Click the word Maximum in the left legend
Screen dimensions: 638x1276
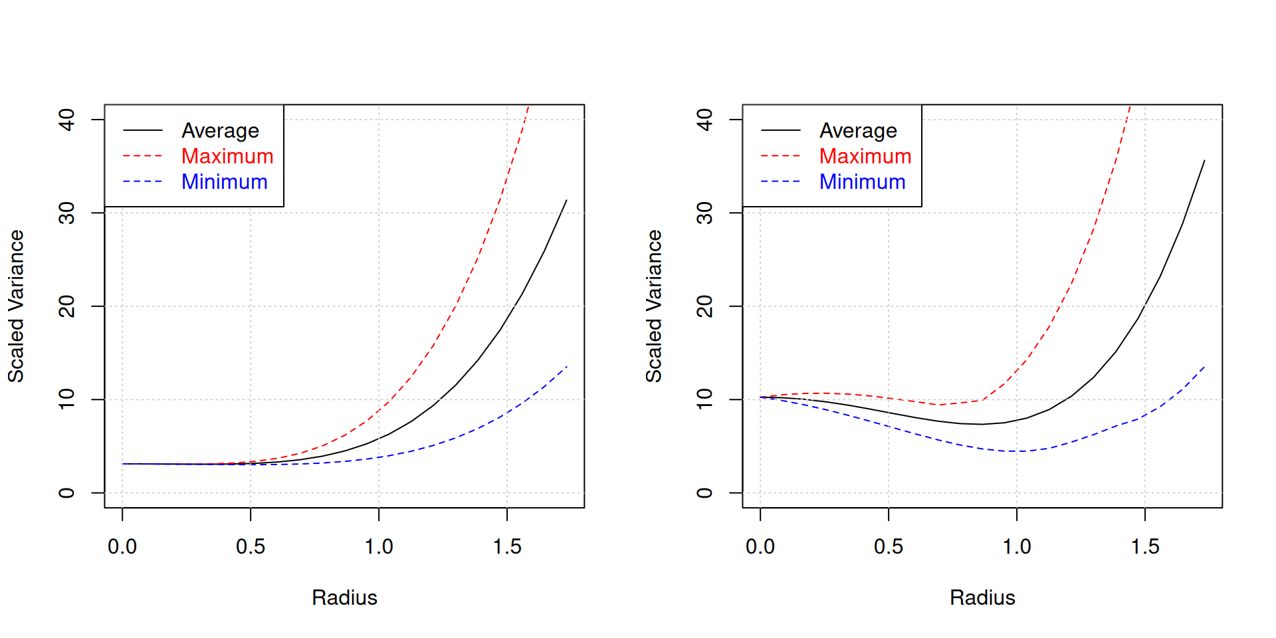pos(227,156)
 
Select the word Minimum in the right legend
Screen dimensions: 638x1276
pos(862,182)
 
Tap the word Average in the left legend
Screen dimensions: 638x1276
pos(220,131)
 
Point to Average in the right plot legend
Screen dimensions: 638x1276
pos(858,131)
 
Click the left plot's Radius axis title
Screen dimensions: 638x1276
pos(344,597)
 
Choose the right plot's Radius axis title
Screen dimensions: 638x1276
pos(982,597)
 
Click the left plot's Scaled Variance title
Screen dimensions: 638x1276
pos(16,306)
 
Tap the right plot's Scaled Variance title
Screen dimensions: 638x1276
pos(654,306)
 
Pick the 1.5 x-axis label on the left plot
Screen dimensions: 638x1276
pos(507,547)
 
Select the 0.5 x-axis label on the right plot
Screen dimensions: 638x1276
pos(889,547)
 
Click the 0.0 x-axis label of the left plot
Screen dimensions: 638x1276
pos(122,547)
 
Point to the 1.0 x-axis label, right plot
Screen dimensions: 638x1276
pos(1017,547)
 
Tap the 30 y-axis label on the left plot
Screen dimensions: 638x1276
pos(67,213)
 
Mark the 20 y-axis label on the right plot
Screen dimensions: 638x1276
pos(705,306)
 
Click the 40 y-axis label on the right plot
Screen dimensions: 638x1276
pos(705,120)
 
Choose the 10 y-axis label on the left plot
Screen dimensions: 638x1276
pos(67,399)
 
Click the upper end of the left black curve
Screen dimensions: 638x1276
pos(566,200)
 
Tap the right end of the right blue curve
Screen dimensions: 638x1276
pos(1204,366)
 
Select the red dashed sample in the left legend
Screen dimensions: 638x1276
pos(143,156)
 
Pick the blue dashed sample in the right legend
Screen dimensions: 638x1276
pos(781,181)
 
